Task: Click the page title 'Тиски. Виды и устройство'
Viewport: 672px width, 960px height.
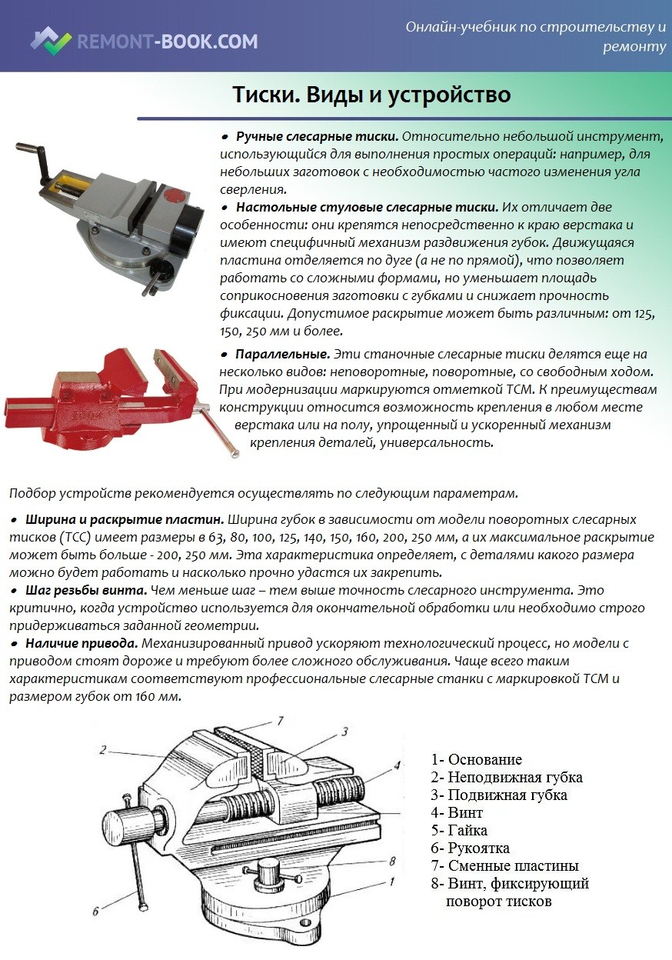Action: click(x=371, y=95)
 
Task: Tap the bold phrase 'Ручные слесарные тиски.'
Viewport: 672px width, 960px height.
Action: click(x=317, y=136)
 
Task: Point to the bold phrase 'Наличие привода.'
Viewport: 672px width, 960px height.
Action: click(x=82, y=643)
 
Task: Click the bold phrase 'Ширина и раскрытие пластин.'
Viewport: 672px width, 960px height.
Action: click(x=125, y=519)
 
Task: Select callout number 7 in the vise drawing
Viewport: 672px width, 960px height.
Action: click(x=281, y=721)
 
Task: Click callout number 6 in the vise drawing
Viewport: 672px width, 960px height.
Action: click(x=96, y=912)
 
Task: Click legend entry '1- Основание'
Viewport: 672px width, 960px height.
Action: click(x=476, y=760)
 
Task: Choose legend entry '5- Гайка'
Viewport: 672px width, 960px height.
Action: click(x=459, y=831)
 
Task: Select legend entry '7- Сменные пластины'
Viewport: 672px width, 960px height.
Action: click(x=504, y=866)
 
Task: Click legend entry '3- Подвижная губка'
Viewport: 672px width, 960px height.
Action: click(x=498, y=795)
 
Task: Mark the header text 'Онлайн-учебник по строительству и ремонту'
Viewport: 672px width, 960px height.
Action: click(x=536, y=37)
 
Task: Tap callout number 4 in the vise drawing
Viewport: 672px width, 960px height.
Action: click(x=397, y=765)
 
